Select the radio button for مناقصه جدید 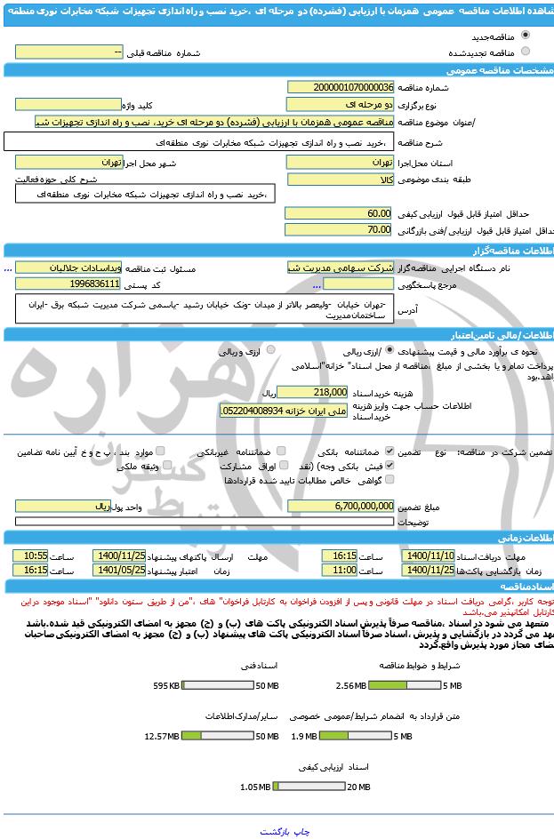coord(526,36)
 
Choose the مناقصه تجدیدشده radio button coord(526,52)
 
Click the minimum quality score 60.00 coord(338,214)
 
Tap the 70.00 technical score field coord(338,230)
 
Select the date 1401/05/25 coord(125,571)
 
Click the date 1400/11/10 coord(429,555)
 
